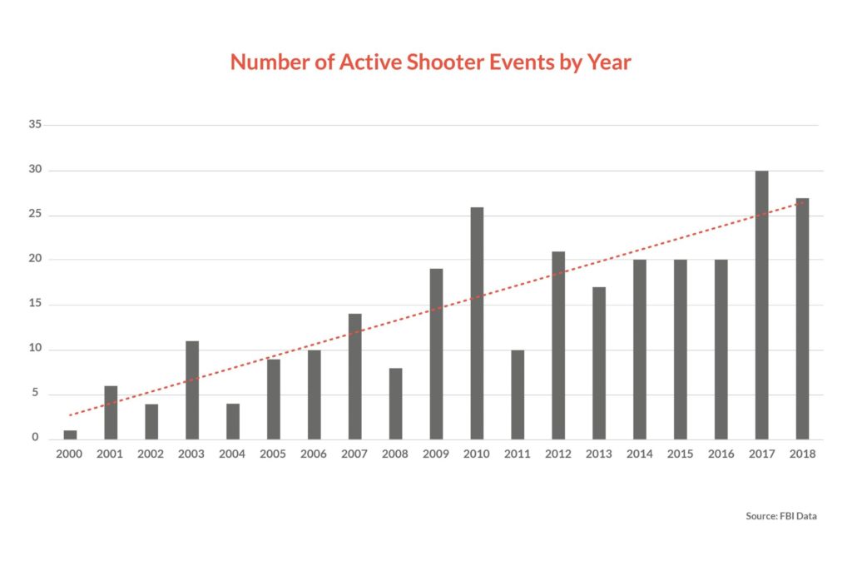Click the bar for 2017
click(x=761, y=305)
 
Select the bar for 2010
click(x=477, y=323)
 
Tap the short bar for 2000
click(x=71, y=434)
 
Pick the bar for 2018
click(x=802, y=318)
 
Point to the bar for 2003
click(x=192, y=390)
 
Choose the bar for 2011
click(x=518, y=394)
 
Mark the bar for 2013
click(x=599, y=363)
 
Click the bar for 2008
click(x=396, y=403)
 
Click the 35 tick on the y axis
click(x=36, y=125)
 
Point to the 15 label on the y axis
click(x=36, y=304)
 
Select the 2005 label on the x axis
click(x=274, y=454)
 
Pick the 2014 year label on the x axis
click(x=640, y=454)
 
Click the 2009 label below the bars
click(x=436, y=454)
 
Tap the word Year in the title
click(x=610, y=62)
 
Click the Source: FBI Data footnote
click(x=781, y=516)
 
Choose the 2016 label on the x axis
click(x=721, y=454)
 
